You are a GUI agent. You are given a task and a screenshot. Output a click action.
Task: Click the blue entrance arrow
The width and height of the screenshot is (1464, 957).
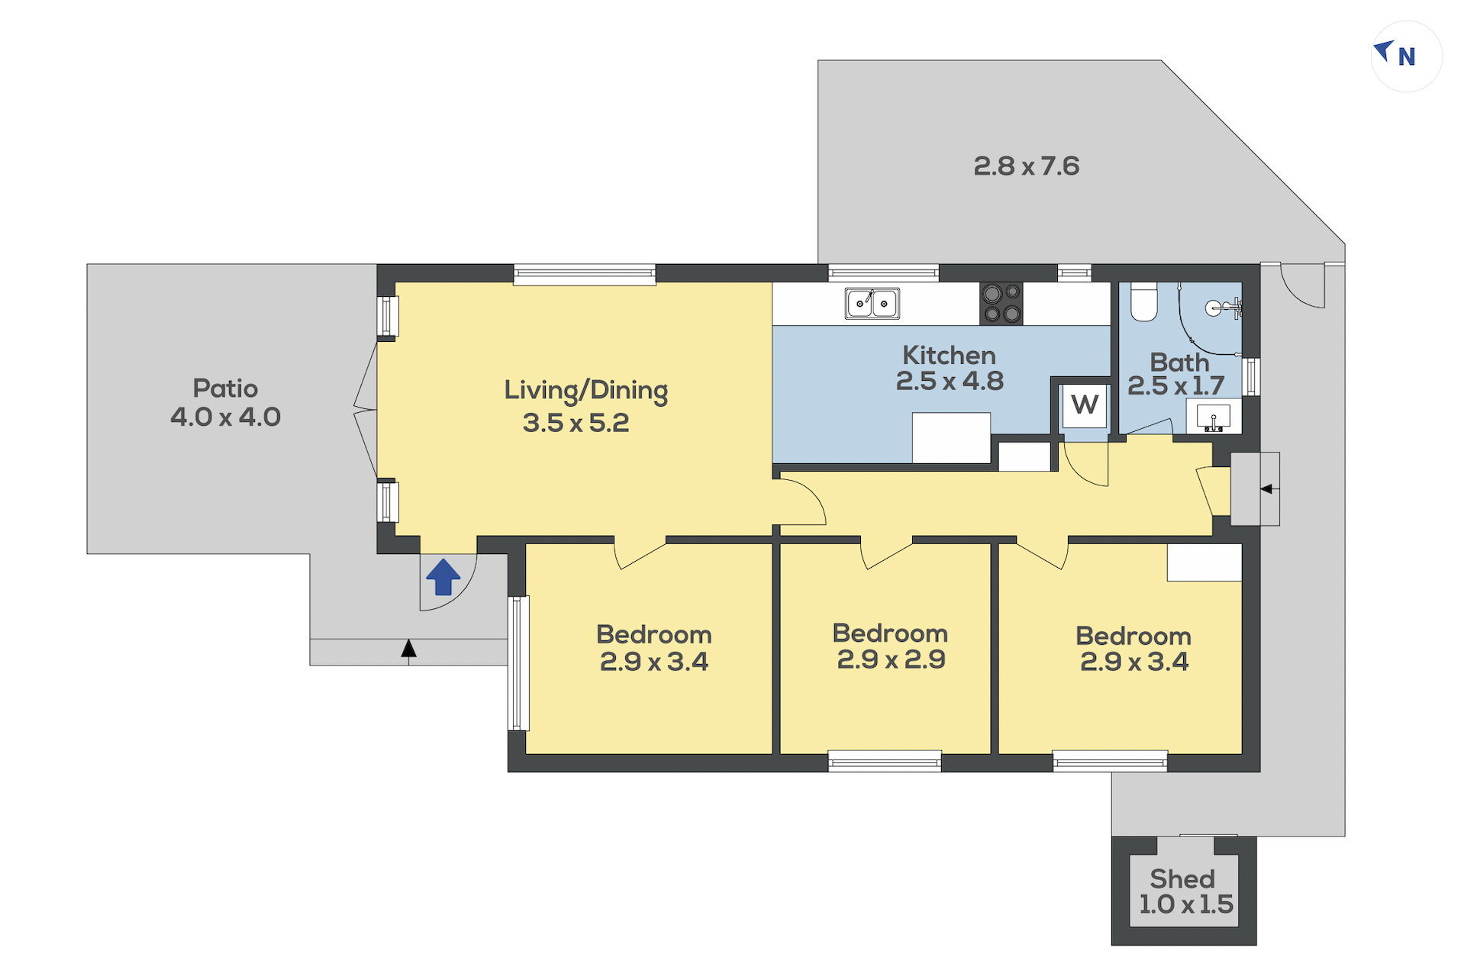[443, 577]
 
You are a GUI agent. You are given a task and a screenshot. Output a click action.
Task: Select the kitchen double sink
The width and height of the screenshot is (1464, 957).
[872, 303]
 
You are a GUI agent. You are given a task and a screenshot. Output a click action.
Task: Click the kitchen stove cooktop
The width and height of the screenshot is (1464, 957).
[1001, 303]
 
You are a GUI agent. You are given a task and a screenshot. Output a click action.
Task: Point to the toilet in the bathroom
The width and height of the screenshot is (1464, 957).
[1144, 302]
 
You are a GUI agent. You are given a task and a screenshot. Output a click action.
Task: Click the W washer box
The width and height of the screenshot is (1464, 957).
[1085, 404]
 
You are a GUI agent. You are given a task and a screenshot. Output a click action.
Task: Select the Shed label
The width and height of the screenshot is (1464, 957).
[1182, 879]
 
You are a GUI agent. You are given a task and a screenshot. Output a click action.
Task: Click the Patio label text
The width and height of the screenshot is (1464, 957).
[225, 388]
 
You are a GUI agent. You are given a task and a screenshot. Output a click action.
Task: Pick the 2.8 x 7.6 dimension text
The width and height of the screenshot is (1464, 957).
[1027, 166]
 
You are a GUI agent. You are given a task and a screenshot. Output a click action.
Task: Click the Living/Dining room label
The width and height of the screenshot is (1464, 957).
[586, 391]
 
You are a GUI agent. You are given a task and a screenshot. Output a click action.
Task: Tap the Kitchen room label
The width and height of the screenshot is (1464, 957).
[950, 355]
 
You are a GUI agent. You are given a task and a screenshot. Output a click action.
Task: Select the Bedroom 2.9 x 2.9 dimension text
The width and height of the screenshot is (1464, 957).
[892, 659]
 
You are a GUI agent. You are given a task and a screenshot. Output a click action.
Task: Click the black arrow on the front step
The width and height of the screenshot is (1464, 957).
[409, 649]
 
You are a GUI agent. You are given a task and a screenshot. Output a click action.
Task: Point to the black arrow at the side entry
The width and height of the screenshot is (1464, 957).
[1266, 489]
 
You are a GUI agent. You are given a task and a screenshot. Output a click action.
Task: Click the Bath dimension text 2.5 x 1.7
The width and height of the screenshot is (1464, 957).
[1176, 386]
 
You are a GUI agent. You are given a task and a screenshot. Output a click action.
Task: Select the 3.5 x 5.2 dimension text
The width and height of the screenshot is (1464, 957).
[576, 423]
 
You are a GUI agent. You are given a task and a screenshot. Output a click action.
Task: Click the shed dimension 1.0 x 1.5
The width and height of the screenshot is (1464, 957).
[1186, 905]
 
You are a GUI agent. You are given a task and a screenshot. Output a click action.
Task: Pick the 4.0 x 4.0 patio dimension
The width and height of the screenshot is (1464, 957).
[226, 417]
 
